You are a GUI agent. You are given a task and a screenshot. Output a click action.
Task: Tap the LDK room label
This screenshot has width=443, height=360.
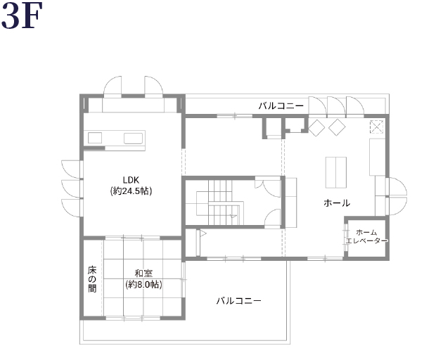click(x=131, y=180)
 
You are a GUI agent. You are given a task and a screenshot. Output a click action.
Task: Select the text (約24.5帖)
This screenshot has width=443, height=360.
click(x=131, y=191)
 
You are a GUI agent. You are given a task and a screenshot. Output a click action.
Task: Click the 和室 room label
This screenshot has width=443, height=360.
click(x=143, y=274)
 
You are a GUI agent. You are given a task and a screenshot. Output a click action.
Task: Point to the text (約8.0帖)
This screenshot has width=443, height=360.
click(x=143, y=284)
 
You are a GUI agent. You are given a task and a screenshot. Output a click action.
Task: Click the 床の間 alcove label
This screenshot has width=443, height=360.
click(x=92, y=278)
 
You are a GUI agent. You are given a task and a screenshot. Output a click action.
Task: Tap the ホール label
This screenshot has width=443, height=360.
click(x=337, y=203)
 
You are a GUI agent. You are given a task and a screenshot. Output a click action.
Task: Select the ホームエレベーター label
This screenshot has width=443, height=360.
click(x=366, y=237)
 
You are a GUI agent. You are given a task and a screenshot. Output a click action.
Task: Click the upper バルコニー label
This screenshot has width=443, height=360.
click(x=281, y=106)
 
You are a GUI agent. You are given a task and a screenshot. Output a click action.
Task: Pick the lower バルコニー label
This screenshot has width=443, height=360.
click(x=239, y=301)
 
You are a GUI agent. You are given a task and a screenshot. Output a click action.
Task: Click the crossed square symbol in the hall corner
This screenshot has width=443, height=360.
click(x=377, y=127)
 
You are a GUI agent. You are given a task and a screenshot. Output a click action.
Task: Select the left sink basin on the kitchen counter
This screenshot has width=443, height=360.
click(x=95, y=139)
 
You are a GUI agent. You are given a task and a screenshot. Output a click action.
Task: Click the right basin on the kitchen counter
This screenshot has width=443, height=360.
click(x=133, y=139)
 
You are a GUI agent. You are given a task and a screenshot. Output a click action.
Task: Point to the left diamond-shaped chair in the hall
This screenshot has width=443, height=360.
click(x=316, y=128)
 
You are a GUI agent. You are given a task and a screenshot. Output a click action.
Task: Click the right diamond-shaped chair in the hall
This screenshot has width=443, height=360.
click(x=337, y=127)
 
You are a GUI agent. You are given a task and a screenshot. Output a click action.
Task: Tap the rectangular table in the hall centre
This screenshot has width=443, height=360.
click(x=336, y=172)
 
